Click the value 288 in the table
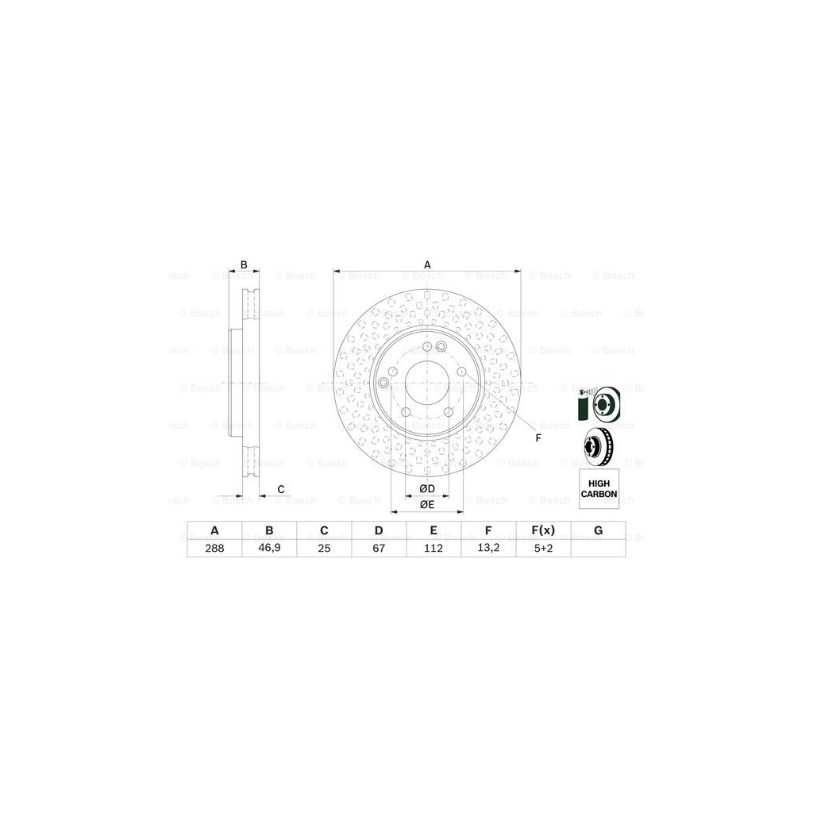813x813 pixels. (x=214, y=548)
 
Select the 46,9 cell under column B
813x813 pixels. (x=269, y=548)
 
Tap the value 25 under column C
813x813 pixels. (x=324, y=548)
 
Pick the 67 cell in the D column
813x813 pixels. (x=379, y=548)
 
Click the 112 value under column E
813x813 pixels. (x=433, y=548)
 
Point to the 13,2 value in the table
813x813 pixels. (x=489, y=548)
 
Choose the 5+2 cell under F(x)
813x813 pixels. (x=544, y=548)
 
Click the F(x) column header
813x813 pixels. (x=544, y=530)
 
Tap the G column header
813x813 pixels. (x=599, y=530)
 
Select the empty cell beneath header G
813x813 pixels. (x=599, y=548)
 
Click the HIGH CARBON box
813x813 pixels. (x=599, y=488)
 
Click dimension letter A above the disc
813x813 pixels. (x=427, y=264)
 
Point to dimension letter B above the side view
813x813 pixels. (x=245, y=264)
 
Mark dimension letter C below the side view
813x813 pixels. (x=280, y=488)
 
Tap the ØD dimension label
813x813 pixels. (x=426, y=488)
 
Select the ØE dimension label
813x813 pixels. (x=426, y=504)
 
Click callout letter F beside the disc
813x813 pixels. (x=538, y=438)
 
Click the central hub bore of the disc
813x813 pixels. (x=426, y=386)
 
